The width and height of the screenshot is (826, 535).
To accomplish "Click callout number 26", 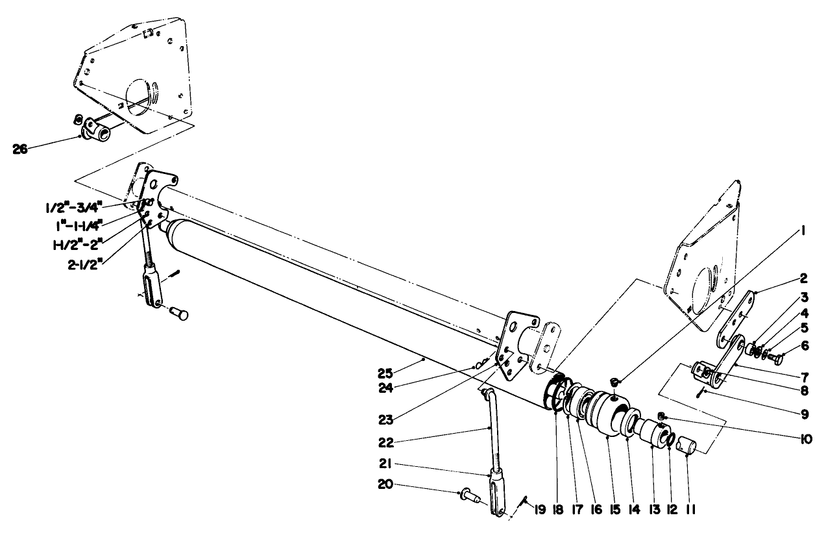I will click(21, 149).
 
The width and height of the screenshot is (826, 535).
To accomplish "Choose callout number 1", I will click(803, 230).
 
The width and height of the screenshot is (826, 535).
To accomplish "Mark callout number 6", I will click(805, 346).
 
